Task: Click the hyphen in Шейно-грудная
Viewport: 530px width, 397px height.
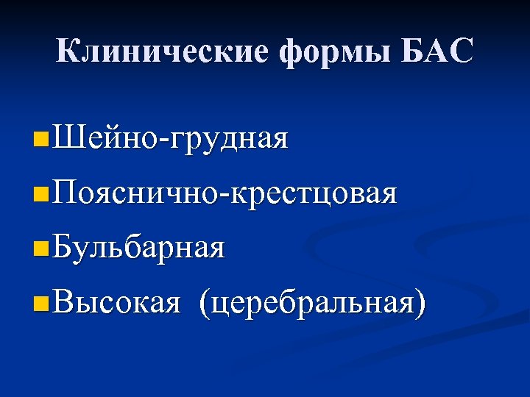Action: pos(163,140)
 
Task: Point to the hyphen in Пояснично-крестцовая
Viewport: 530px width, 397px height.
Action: pos(226,196)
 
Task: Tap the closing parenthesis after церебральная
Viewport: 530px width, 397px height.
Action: pos(420,304)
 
